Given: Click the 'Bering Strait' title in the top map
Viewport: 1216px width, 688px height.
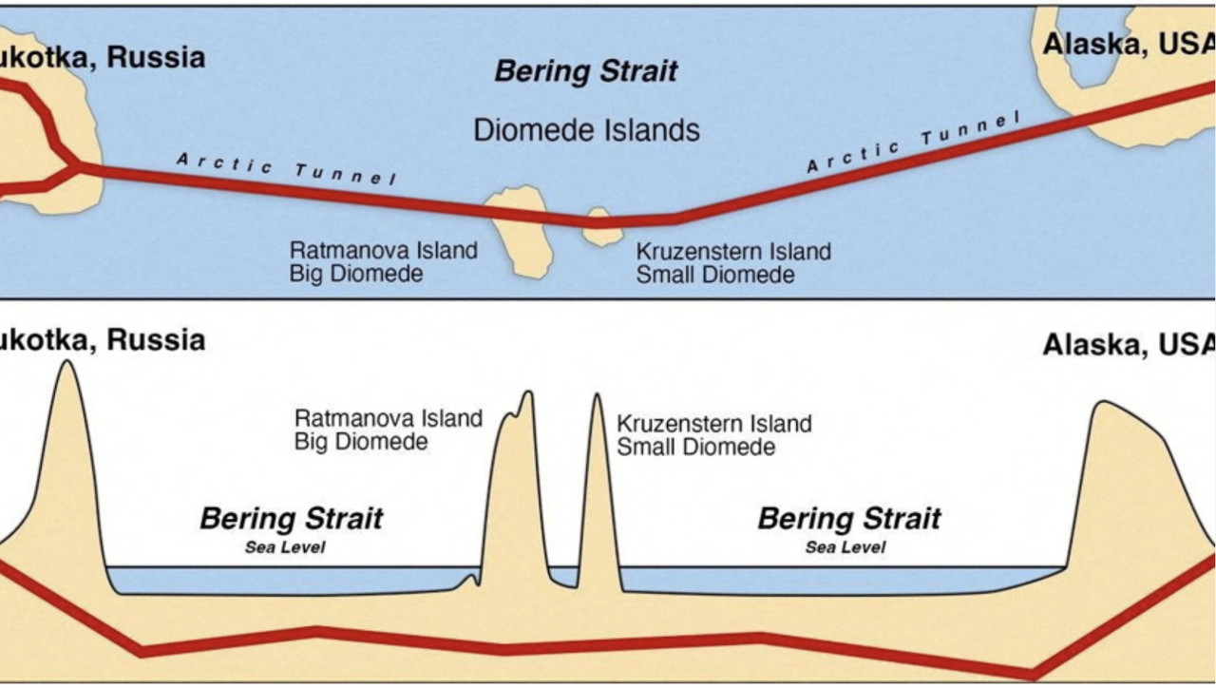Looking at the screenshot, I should tap(586, 71).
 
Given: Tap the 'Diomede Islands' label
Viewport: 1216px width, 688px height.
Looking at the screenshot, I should tap(586, 129).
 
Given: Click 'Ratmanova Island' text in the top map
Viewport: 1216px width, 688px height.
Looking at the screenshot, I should tap(383, 251).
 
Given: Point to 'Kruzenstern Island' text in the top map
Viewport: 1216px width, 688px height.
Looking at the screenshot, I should tap(732, 252).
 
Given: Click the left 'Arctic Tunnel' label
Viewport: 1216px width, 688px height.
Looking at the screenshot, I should tap(286, 169).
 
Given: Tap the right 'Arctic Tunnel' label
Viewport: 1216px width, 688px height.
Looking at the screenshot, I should tap(912, 143).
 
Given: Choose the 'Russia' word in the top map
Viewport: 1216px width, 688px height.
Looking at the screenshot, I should tap(156, 57).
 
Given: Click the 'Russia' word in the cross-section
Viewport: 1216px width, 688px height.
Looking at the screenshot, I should tap(156, 339).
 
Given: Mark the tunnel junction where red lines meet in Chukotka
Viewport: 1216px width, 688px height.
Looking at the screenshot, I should tap(76, 167).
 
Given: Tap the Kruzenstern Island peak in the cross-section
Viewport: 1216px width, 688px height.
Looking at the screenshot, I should tap(598, 397).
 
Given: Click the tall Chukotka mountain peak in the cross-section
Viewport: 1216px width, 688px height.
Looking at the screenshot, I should tap(66, 364).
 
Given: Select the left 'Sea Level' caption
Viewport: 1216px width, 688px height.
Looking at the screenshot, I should tap(285, 547).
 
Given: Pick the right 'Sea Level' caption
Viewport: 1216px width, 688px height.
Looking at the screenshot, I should tap(845, 547).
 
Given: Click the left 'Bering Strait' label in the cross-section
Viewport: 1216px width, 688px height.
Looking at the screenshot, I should tap(291, 519).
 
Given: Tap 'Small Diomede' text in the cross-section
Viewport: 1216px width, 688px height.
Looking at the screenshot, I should tap(695, 446).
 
